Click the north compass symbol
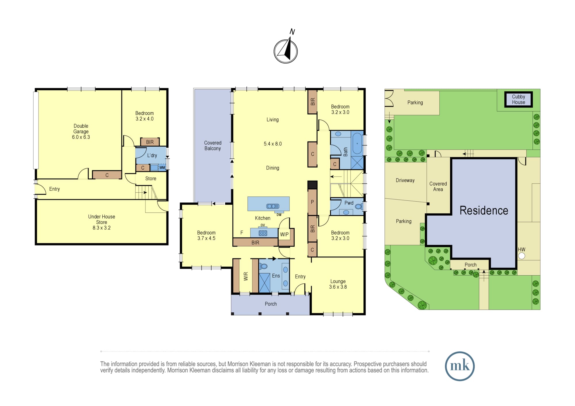tap(285, 51)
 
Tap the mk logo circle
tap(459, 366)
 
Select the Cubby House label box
tap(518, 99)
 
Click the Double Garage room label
tap(81, 132)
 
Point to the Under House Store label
tap(101, 222)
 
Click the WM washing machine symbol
tap(162, 168)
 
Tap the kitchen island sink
tap(273, 206)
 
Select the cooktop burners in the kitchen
tap(263, 233)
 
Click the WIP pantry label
tap(284, 234)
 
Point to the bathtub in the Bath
tap(357, 143)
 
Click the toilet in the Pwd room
tap(359, 206)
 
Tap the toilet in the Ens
tap(263, 266)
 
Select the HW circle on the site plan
tap(522, 256)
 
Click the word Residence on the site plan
tap(484, 210)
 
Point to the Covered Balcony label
tap(213, 146)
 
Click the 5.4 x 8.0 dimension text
tap(273, 144)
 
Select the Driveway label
tap(405, 180)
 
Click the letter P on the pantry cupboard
tap(313, 202)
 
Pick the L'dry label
tap(152, 155)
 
